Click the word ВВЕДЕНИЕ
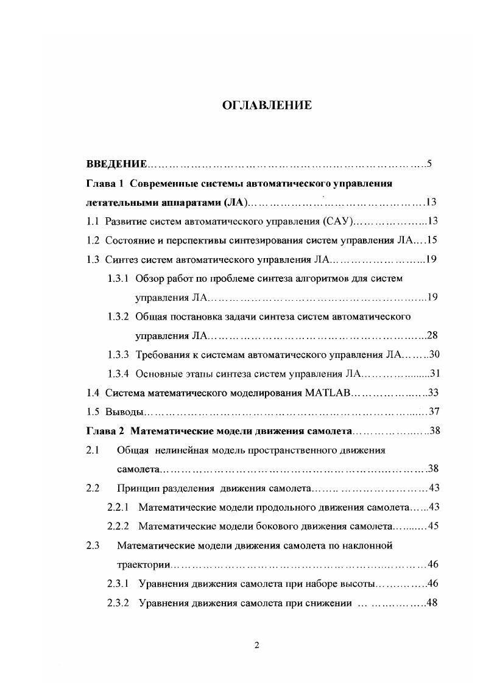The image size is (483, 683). [x=116, y=164]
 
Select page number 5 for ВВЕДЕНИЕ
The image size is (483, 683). [x=429, y=164]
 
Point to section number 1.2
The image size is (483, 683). [x=93, y=240]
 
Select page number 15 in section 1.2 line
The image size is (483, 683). [x=432, y=240]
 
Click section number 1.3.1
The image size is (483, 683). [x=118, y=278]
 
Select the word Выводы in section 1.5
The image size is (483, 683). [x=119, y=412]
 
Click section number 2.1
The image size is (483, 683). [x=93, y=450]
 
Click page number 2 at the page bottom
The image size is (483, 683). [x=256, y=646]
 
